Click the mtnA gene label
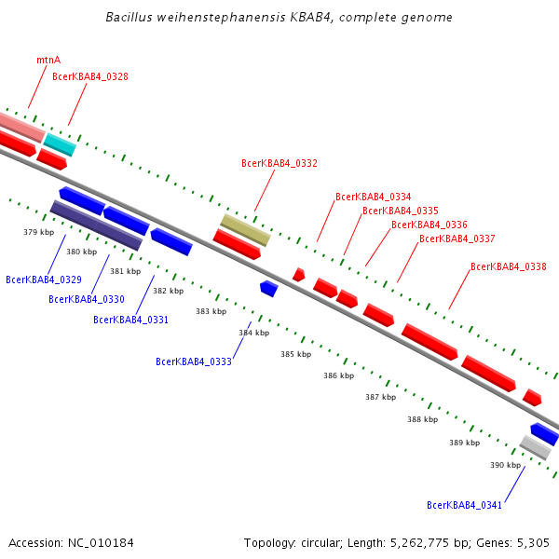click(48, 60)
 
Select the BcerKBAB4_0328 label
click(90, 76)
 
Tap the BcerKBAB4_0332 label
click(279, 163)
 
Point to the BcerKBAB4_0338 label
click(509, 266)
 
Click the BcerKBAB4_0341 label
click(465, 505)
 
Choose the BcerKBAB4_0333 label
click(194, 361)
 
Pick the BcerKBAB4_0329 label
click(44, 279)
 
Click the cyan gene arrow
click(61, 144)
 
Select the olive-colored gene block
click(245, 229)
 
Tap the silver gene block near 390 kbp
click(535, 447)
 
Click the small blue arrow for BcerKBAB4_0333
click(269, 289)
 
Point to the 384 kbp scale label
click(253, 333)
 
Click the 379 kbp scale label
click(38, 231)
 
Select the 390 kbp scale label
click(506, 464)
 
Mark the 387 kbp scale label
click(380, 397)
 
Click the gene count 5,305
click(531, 542)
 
